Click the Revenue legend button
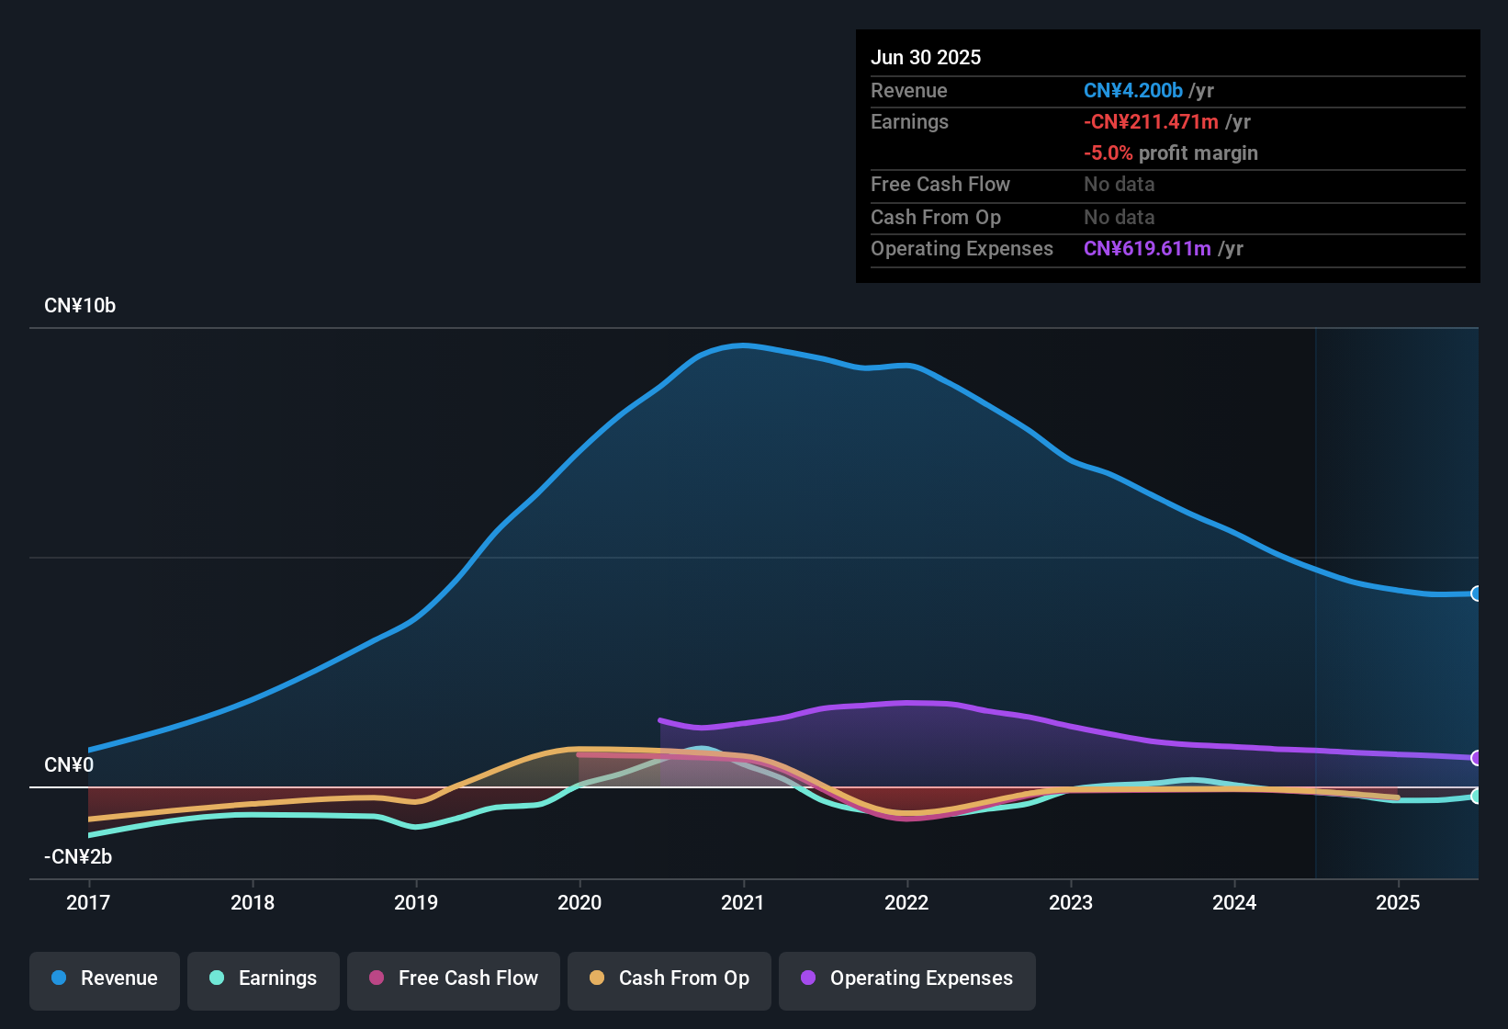105,978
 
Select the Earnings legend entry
264,978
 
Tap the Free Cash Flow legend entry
454,978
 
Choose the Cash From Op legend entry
670,978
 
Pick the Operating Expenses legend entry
907,978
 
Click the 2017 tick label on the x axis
88,902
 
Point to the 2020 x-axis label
580,902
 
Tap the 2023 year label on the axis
1071,902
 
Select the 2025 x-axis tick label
1398,902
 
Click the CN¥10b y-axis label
80,306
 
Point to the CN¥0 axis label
69,765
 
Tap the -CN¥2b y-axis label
78,857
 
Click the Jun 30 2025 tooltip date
926,57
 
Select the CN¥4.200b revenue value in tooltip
1133,90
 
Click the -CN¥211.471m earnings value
1151,121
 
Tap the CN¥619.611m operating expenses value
1147,248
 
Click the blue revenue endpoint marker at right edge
1476,594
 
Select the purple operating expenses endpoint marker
1476,758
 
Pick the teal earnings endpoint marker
1476,796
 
